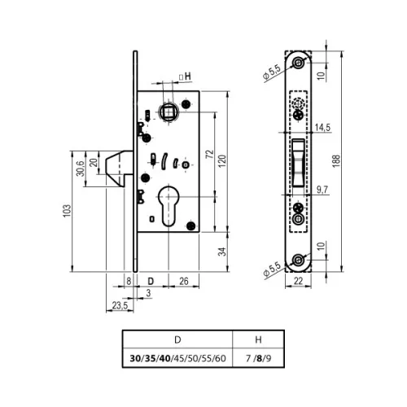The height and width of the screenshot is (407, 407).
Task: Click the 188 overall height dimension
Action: (336, 161)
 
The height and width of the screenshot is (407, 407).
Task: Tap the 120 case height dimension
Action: (222, 161)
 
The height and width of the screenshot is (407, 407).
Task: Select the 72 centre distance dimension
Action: (210, 155)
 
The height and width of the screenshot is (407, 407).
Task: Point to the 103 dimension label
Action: (67, 211)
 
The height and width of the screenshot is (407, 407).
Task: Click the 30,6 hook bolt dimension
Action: (81, 168)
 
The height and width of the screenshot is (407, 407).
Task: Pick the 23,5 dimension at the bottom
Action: (120, 305)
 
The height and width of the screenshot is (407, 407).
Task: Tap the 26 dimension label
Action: (184, 281)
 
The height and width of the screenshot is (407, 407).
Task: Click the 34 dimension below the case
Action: (222, 252)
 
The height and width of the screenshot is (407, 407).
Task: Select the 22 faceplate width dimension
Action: (298, 281)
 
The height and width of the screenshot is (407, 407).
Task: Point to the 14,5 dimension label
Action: (322, 128)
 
